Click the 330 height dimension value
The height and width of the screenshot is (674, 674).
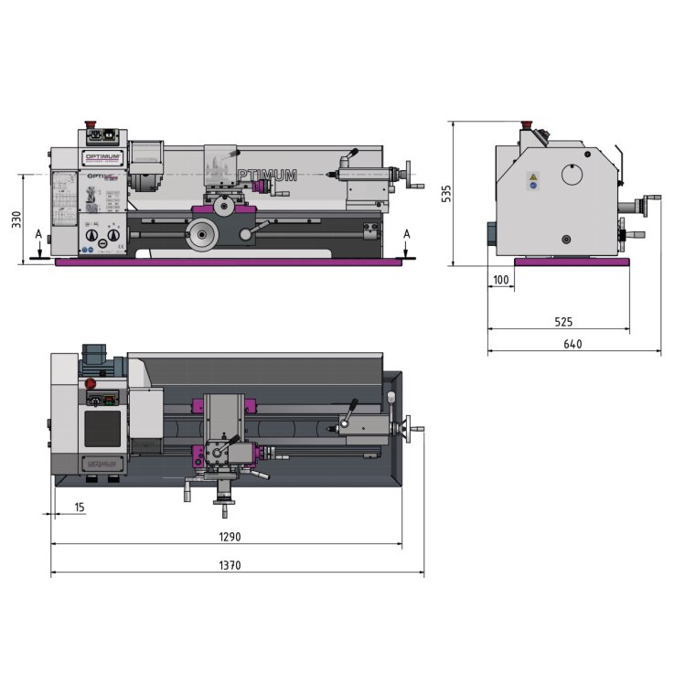(16, 220)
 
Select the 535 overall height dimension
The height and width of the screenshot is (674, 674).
(446, 195)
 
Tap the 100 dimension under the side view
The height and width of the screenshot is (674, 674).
(500, 280)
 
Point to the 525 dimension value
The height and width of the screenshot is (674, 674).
(562, 321)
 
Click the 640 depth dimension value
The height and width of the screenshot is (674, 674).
(572, 344)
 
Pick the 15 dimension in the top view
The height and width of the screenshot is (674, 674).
(80, 508)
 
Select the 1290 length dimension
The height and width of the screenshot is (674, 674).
(229, 537)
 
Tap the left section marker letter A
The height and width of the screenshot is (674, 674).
(38, 235)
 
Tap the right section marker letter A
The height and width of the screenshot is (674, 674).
(407, 235)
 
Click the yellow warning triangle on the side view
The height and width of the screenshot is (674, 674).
(533, 177)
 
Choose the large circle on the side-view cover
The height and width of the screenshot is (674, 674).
(572, 175)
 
